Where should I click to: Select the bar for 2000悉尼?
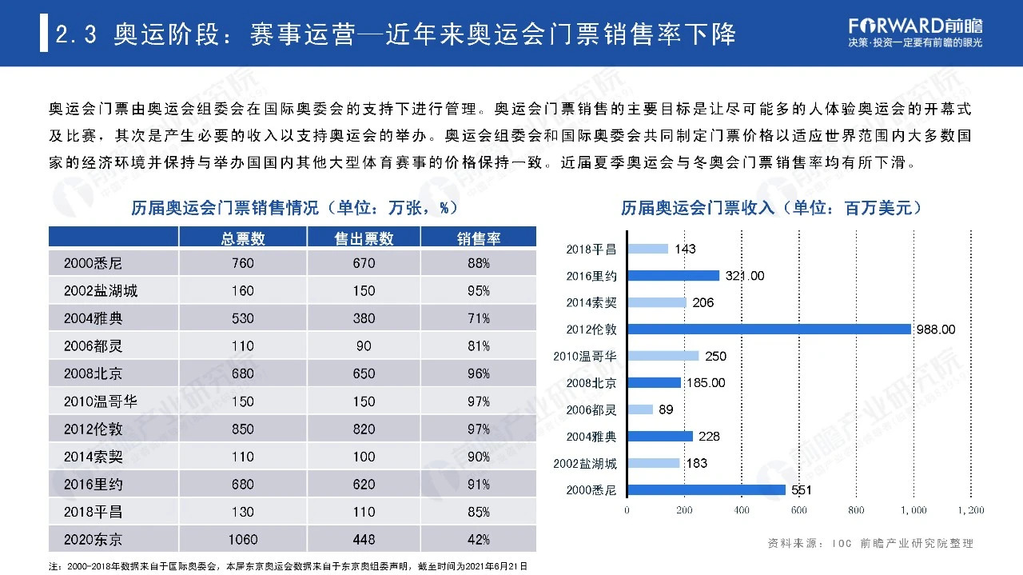[707, 490]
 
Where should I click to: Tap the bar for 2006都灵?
[640, 409]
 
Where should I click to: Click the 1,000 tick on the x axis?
[914, 510]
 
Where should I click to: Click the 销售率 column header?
[478, 238]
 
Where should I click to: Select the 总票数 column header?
[243, 238]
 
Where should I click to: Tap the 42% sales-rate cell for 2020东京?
[478, 540]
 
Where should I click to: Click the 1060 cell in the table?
[243, 540]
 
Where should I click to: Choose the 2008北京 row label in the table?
[94, 373]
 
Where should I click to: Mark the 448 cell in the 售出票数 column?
[364, 540]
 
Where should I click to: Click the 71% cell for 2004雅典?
[478, 318]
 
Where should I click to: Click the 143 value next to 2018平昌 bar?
[685, 249]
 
